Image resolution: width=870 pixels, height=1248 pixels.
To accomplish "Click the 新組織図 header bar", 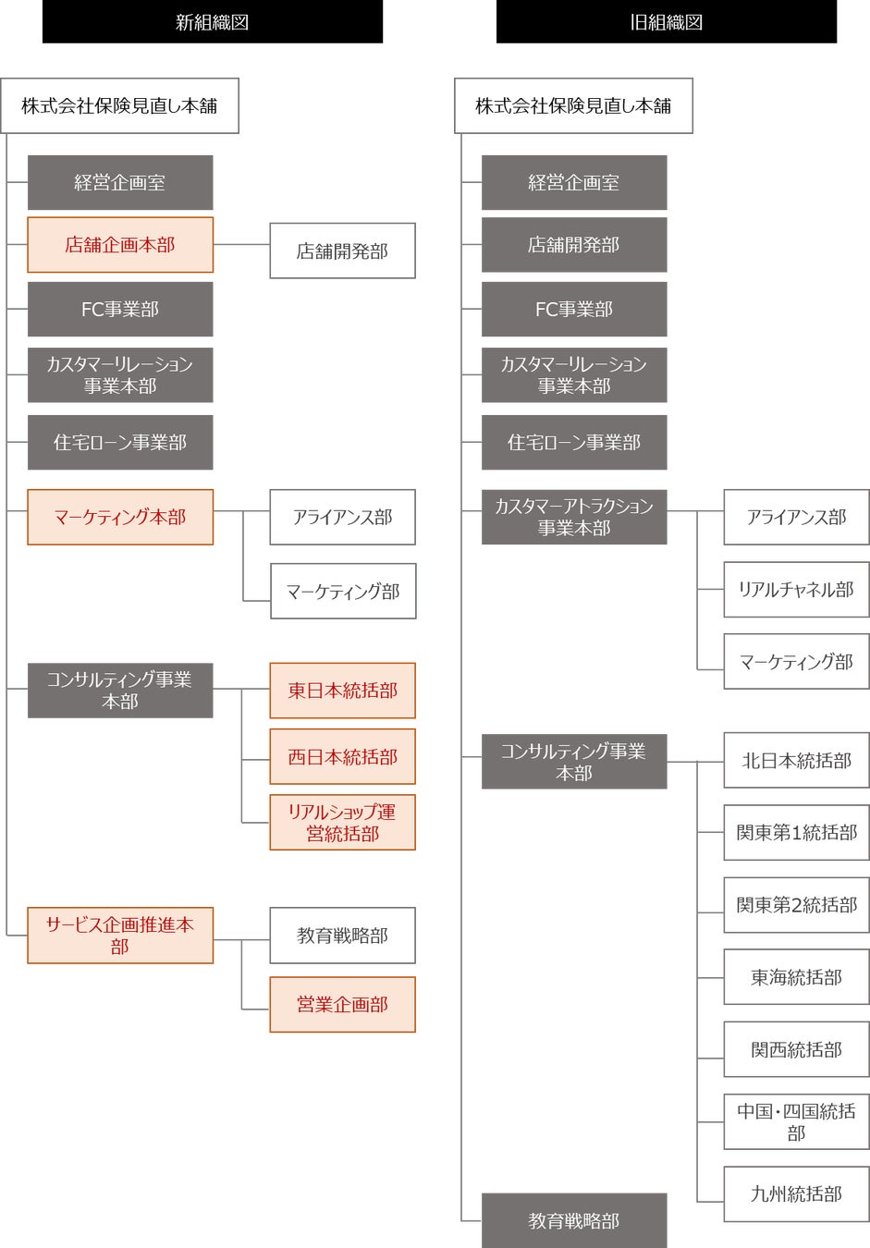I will [x=212, y=22].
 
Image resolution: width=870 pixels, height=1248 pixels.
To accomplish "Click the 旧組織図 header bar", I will [x=666, y=22].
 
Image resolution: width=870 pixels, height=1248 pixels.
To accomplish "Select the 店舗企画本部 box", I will [x=120, y=245].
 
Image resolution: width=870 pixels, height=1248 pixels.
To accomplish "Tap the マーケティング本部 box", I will [x=120, y=517].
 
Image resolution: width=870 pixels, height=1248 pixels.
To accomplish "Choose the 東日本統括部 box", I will [x=342, y=691].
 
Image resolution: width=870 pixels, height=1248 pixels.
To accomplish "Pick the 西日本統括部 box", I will [x=342, y=757].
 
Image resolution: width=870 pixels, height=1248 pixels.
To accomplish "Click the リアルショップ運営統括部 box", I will [x=342, y=823].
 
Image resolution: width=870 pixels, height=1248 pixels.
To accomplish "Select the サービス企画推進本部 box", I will [x=120, y=936].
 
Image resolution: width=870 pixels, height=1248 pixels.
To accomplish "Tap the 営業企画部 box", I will [x=342, y=1005].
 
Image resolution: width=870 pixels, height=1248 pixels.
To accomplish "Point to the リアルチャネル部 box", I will [x=796, y=590].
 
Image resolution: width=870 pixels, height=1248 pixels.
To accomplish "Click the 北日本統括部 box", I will [x=796, y=761].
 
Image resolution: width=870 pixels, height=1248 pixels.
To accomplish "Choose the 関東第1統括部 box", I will [x=796, y=833].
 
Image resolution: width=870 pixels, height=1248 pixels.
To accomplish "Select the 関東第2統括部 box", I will [x=796, y=905].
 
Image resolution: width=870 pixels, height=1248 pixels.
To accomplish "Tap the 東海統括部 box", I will [x=796, y=977].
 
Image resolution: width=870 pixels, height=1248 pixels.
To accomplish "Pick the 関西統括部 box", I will [x=796, y=1050].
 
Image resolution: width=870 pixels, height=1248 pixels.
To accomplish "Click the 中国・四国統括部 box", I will [x=796, y=1122].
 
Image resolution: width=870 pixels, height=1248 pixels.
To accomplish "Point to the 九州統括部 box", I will [x=796, y=1194].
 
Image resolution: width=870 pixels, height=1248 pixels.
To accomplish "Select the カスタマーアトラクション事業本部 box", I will [x=574, y=517].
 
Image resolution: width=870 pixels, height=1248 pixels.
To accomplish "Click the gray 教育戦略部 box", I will [x=574, y=1221].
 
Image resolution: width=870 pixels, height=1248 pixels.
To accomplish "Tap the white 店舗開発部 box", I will [x=342, y=251].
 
